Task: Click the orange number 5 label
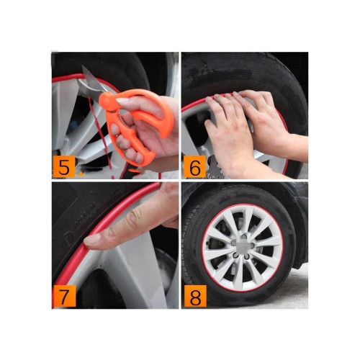[x=64, y=166]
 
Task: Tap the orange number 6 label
[x=194, y=166]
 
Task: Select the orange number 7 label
[x=64, y=296]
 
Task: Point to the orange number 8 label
[x=195, y=297]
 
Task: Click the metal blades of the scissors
[x=90, y=83]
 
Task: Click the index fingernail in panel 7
[x=92, y=240]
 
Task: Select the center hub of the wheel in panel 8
[x=243, y=248]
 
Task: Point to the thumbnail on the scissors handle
[x=122, y=101]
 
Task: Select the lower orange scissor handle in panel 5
[x=135, y=146]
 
